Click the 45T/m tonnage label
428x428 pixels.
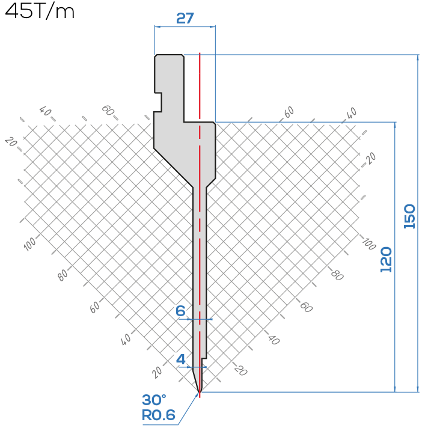point(40,11)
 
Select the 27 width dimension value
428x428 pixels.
point(185,18)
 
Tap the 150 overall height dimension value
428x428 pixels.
point(409,216)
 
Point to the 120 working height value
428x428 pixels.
point(386,260)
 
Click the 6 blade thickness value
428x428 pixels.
point(180,311)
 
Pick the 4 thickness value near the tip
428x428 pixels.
point(181,359)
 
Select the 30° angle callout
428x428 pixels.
point(154,400)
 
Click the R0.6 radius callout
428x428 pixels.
point(159,415)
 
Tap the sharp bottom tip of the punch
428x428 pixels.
point(200,392)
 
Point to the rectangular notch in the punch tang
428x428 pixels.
point(158,102)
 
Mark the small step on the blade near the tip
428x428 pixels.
point(204,358)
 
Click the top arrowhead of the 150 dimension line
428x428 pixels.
point(418,57)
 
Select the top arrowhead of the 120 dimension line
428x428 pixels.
point(395,125)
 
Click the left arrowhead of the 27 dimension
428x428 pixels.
point(157,26)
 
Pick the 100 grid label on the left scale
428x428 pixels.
point(29,243)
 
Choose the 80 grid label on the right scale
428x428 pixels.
point(337,275)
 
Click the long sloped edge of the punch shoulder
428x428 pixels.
point(174,168)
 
